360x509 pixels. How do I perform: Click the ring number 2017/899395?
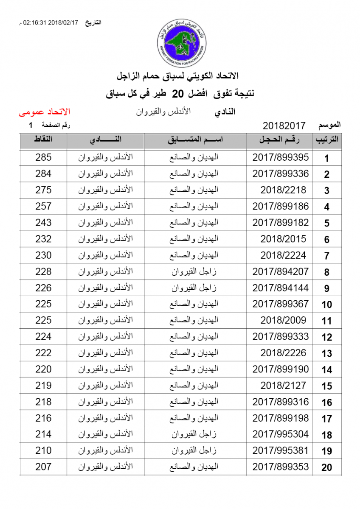[281, 157]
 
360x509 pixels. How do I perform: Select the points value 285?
[43, 157]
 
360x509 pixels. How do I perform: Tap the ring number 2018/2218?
[283, 190]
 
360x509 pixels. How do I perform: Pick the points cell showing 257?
[43, 207]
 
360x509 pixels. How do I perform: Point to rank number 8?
[326, 272]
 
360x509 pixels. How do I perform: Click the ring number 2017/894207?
[281, 271]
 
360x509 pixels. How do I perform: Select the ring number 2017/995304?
[281, 434]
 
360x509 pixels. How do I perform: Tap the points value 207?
[43, 467]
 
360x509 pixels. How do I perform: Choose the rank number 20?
[326, 468]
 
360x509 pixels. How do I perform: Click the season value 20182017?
[284, 126]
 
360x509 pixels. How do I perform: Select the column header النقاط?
[43, 140]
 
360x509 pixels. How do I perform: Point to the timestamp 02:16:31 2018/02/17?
[51, 22]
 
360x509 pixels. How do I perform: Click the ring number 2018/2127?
[283, 386]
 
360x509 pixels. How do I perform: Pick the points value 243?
[43, 223]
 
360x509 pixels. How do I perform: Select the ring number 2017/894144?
[281, 288]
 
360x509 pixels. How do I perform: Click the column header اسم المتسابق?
[195, 140]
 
